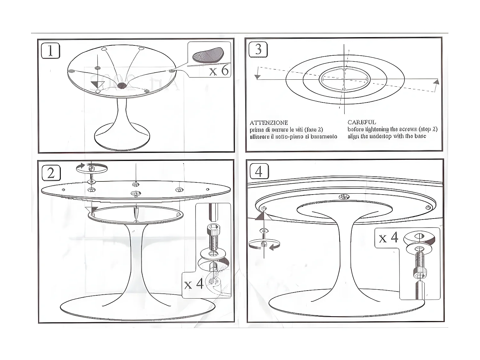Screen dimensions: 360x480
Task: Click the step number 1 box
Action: (x=51, y=51)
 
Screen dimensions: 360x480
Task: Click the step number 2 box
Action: (x=51, y=173)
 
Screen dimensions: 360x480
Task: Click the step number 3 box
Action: (x=258, y=50)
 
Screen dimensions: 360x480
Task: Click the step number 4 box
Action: (x=259, y=171)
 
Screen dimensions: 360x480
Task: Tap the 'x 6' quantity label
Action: (x=219, y=70)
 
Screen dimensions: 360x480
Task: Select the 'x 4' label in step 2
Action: (x=194, y=284)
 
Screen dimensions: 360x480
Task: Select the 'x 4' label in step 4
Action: (x=388, y=238)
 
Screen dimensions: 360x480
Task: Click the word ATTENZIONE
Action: (x=269, y=123)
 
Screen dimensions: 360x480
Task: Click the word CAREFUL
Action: (x=362, y=122)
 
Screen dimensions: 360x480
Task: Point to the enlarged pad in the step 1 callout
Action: (x=208, y=55)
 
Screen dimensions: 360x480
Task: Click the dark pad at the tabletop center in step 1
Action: (x=121, y=85)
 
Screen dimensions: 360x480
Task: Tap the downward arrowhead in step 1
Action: (x=97, y=84)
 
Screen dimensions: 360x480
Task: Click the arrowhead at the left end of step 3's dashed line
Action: (x=257, y=77)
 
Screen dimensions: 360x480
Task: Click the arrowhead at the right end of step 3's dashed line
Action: (x=436, y=82)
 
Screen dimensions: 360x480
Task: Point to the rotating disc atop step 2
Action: (x=92, y=168)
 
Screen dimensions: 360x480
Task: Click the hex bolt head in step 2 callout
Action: (x=213, y=229)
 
